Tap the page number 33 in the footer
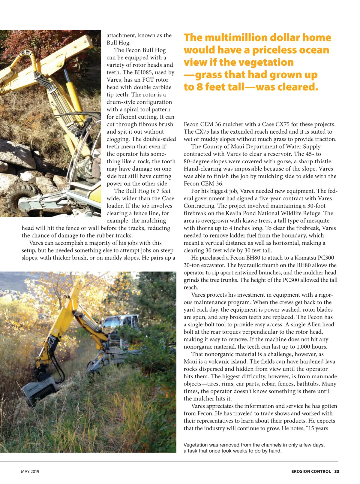click(x=337, y=471)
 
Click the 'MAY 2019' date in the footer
click(x=30, y=471)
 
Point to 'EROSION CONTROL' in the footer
click(x=311, y=471)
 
